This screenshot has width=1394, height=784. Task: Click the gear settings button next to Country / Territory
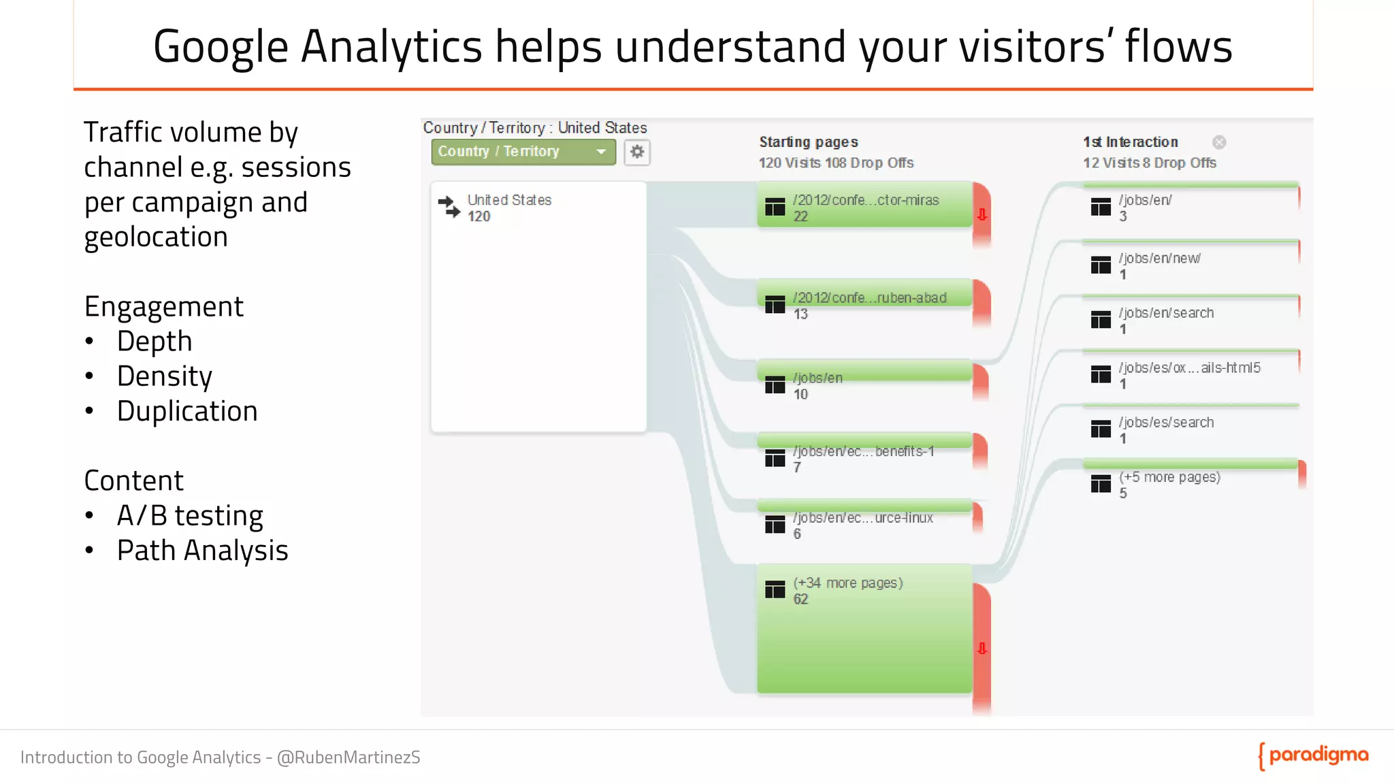tap(636, 152)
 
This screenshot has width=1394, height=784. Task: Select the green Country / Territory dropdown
tap(523, 152)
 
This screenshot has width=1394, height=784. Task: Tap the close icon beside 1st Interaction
tap(1219, 142)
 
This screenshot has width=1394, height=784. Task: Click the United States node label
tap(509, 200)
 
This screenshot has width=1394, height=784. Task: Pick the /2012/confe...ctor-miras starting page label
tap(866, 200)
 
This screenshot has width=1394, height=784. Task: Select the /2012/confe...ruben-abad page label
tap(869, 298)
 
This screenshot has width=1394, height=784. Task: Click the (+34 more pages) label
tap(848, 583)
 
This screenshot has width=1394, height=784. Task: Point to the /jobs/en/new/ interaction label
tap(1159, 259)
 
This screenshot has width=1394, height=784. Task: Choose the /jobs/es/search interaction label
tap(1166, 423)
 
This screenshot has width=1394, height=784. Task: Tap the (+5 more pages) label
tap(1169, 477)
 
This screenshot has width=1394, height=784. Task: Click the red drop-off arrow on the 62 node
tap(982, 649)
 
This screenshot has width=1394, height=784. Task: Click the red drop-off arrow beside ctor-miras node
tap(982, 215)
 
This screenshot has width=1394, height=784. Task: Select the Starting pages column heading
tap(809, 142)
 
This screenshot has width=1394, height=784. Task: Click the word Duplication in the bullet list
tap(187, 411)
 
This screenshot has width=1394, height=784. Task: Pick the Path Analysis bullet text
tap(202, 551)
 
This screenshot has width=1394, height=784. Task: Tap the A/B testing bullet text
tap(190, 516)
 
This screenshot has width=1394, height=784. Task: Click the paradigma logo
tap(1314, 756)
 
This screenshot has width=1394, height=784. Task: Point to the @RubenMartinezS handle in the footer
tap(348, 757)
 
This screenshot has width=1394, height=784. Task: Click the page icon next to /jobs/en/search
tap(1101, 320)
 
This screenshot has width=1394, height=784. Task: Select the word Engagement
tap(163, 307)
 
